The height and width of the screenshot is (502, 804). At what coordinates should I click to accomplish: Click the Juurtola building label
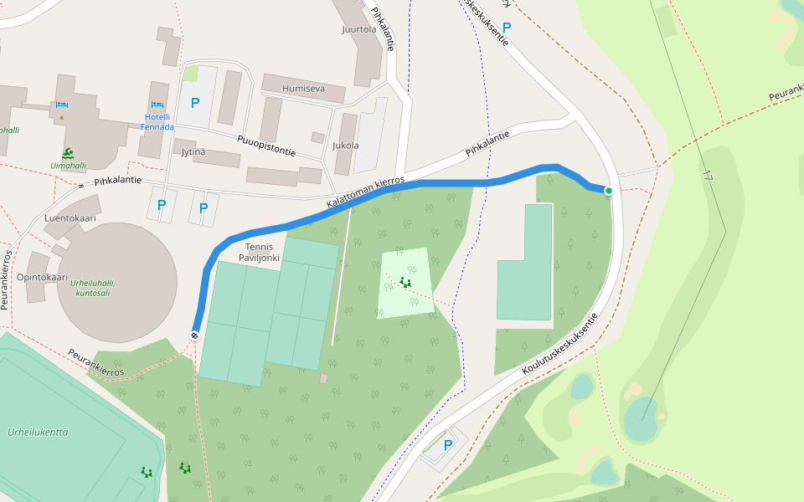[x=359, y=28]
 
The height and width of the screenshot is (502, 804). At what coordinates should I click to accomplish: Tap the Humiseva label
[x=302, y=89]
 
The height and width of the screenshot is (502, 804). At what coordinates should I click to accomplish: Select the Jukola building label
[x=346, y=145]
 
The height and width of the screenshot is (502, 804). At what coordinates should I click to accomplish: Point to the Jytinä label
[x=193, y=151]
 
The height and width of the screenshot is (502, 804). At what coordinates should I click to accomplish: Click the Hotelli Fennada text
[x=158, y=122]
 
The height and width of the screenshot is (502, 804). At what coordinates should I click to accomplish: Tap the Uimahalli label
[x=67, y=166]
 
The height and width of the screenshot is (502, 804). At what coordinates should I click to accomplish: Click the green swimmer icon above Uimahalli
[x=67, y=152]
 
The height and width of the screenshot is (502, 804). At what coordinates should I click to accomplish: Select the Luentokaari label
[x=70, y=218]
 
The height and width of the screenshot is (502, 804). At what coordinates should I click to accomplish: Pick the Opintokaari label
[x=42, y=277]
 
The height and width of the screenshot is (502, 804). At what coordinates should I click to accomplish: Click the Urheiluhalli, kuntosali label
[x=92, y=289]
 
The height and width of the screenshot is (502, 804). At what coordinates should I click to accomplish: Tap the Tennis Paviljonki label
[x=259, y=253]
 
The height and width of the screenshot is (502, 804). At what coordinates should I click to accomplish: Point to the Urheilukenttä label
[x=38, y=432]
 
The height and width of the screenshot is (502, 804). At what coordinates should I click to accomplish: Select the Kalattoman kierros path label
[x=366, y=192]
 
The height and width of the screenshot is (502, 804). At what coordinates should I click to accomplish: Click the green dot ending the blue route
[x=609, y=192]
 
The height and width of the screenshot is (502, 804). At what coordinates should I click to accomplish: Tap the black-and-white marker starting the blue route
[x=194, y=336]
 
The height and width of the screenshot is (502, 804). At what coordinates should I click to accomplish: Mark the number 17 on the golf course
[x=708, y=176]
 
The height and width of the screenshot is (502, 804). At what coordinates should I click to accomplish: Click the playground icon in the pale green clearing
[x=406, y=283]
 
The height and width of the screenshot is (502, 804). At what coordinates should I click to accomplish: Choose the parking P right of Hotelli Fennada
[x=195, y=103]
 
